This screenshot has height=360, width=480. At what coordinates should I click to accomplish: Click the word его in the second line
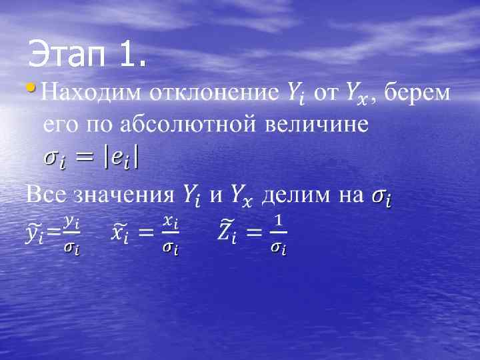pos(59,125)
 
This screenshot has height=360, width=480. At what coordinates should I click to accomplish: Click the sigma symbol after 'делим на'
pos(381,197)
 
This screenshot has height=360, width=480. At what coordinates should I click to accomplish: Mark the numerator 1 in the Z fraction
pos(279,220)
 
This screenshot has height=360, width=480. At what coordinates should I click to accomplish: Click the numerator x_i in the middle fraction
pos(171,221)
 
